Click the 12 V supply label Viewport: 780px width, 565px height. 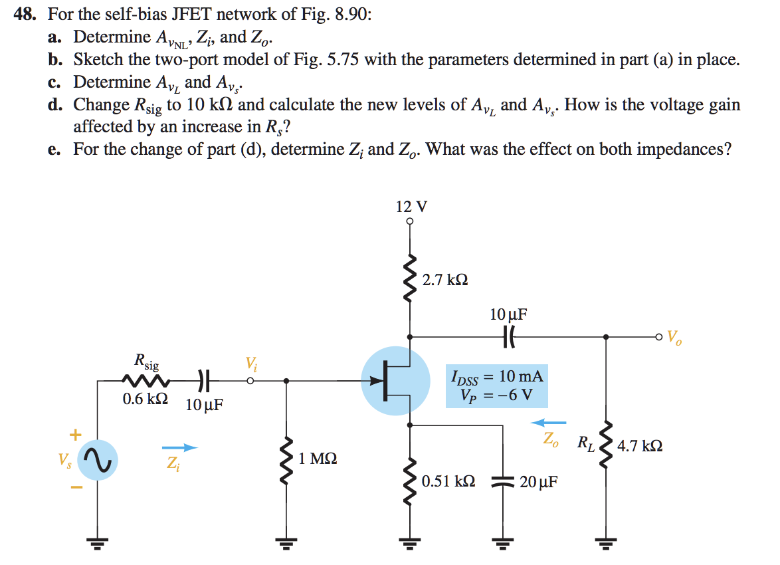coord(411,206)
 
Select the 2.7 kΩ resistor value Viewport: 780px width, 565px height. coord(444,280)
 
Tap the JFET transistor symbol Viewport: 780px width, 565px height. coord(396,380)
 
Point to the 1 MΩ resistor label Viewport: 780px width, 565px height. coord(318,459)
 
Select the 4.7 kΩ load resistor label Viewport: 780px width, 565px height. coord(639,445)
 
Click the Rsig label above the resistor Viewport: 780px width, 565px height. coord(146,362)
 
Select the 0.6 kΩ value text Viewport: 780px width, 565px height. coord(145,400)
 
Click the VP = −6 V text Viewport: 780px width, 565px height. coord(496,394)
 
